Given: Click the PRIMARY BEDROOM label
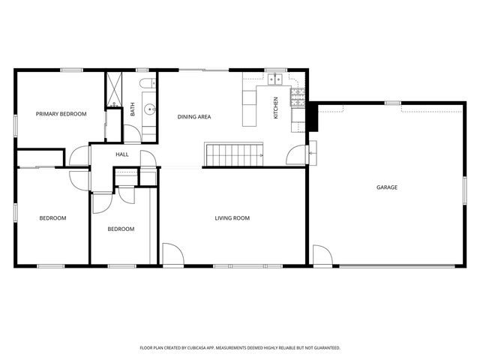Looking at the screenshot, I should (x=61, y=114).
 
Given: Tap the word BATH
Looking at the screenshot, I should (x=133, y=109).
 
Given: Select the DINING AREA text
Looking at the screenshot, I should (x=193, y=117).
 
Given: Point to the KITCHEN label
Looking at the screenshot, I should (x=276, y=108).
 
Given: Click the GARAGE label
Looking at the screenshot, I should (x=386, y=187).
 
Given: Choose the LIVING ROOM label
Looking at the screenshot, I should (x=232, y=218).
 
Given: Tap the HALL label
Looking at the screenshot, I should (x=121, y=154).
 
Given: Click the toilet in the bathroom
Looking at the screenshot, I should (x=147, y=83).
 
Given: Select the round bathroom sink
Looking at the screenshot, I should (x=149, y=109).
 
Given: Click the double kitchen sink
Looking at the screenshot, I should (x=276, y=78).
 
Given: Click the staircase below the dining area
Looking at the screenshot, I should (x=234, y=155).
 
